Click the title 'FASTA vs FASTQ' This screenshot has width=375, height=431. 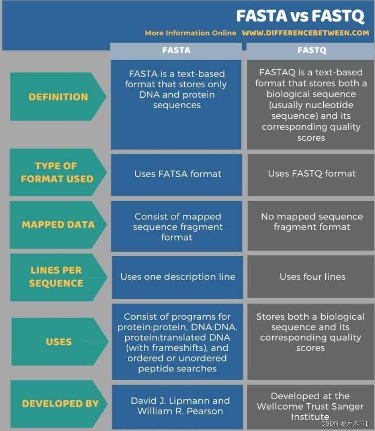(x=300, y=16)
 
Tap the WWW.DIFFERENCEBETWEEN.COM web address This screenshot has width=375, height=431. (x=305, y=33)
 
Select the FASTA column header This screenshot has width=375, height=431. (x=176, y=51)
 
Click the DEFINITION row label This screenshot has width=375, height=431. (x=58, y=97)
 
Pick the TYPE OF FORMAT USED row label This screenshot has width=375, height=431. (x=57, y=172)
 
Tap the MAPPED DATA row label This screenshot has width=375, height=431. (x=58, y=225)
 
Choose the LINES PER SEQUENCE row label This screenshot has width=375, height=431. (x=56, y=277)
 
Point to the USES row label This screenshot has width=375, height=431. (x=59, y=342)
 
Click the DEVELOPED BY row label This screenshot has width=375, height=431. (x=60, y=404)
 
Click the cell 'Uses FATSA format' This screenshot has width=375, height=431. (x=178, y=174)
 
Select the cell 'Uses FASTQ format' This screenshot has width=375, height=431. (x=312, y=173)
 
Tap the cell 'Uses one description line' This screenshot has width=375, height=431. (x=178, y=277)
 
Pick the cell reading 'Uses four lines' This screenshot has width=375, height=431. (x=312, y=277)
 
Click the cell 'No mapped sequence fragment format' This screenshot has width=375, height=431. (x=312, y=222)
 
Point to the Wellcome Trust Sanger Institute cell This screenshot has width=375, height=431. (x=310, y=406)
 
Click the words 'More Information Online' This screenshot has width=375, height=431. (x=190, y=33)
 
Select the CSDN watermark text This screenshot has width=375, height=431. (x=344, y=423)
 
